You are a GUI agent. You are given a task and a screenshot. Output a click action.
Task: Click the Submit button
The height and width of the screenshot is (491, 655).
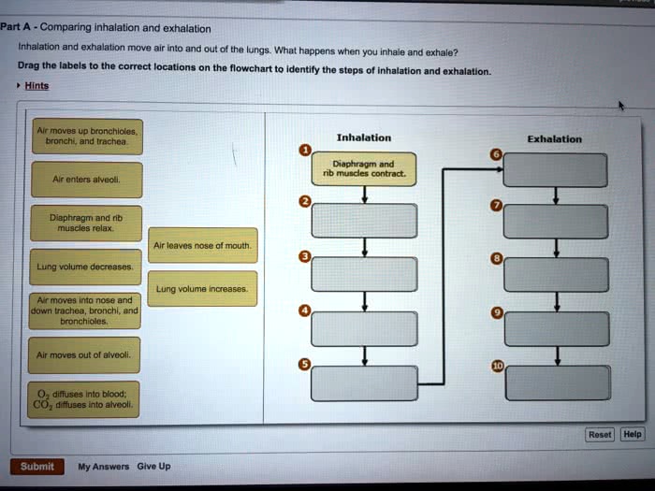[36, 467]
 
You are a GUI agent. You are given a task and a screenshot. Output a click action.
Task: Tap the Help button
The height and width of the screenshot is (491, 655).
[633, 434]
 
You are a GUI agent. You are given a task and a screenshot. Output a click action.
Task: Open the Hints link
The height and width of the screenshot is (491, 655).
[36, 85]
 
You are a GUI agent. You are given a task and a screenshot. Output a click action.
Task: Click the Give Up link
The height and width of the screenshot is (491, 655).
[153, 467]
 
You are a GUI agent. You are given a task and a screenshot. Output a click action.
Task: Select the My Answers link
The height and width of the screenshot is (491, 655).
[104, 467]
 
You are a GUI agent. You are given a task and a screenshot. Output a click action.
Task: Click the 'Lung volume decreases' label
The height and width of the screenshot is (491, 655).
[84, 267]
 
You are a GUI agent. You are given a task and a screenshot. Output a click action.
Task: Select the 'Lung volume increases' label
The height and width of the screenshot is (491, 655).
[202, 289]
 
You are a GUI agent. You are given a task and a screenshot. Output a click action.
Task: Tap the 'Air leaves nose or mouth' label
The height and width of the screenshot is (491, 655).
[202, 245]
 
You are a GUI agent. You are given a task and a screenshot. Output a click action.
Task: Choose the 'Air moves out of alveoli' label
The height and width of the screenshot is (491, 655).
[84, 355]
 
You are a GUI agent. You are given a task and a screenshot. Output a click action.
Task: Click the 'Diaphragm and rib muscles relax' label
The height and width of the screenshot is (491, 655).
[84, 222]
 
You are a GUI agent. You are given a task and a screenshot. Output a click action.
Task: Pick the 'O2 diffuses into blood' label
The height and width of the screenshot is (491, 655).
[84, 400]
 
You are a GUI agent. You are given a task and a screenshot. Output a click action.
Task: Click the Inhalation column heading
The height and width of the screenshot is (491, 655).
[364, 137]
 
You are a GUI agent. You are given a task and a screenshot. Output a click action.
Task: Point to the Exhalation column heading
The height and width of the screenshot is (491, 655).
[554, 139]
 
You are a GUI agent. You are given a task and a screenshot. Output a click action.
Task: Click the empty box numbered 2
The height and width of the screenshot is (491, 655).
[364, 221]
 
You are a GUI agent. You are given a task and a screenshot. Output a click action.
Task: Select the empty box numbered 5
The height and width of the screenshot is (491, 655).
[364, 383]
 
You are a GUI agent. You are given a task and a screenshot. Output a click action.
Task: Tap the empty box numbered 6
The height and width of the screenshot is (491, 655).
[556, 169]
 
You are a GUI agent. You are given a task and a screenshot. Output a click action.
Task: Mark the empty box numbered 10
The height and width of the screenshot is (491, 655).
[556, 383]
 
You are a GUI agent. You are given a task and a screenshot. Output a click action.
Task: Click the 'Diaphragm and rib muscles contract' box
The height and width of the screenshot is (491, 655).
[364, 169]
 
